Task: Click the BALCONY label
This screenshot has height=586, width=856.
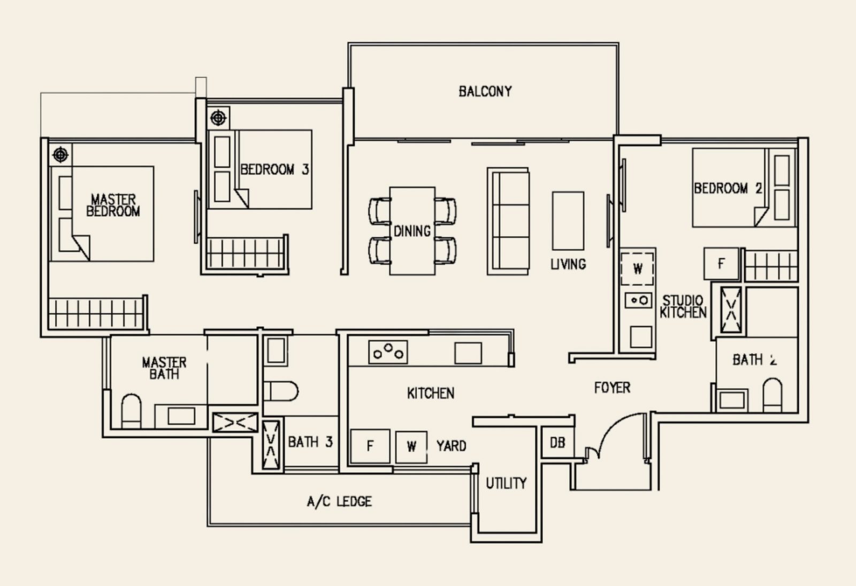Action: click(x=485, y=91)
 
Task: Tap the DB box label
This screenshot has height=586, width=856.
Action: click(x=557, y=443)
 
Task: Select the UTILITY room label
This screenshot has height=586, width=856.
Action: click(x=506, y=483)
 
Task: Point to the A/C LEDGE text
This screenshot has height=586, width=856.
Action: click(x=339, y=501)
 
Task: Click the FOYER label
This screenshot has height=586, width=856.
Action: click(x=612, y=388)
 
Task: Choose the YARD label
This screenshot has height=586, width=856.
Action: click(x=452, y=446)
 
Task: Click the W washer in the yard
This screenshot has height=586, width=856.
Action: click(x=411, y=447)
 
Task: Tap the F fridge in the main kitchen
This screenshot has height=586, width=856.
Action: click(x=370, y=446)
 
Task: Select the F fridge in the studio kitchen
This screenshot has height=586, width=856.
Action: click(x=721, y=264)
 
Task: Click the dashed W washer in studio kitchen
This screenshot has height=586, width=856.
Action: click(x=637, y=269)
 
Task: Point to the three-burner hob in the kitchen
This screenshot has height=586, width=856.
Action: click(x=388, y=352)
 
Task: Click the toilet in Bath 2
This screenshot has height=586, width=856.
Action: click(x=773, y=395)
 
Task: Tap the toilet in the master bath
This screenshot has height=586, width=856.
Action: click(x=131, y=411)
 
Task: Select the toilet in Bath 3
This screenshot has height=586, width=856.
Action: click(x=280, y=391)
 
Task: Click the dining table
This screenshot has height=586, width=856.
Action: click(x=412, y=231)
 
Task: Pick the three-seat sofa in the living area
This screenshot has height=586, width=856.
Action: click(x=508, y=221)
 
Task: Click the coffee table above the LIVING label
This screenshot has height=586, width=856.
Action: click(x=568, y=221)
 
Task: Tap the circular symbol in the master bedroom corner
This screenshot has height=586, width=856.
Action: click(x=60, y=155)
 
